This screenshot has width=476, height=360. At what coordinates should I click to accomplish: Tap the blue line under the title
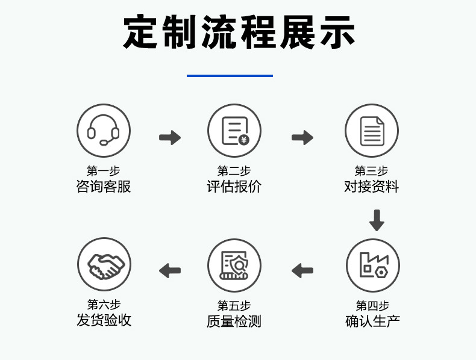point(230,76)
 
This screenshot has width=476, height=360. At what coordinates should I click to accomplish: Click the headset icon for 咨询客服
point(104,131)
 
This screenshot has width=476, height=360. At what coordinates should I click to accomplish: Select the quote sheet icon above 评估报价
point(234,131)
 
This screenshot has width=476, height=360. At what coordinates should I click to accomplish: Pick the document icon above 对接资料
point(372,131)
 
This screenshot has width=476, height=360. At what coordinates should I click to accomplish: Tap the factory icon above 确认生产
point(373,265)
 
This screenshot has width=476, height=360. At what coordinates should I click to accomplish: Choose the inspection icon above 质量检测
point(234,265)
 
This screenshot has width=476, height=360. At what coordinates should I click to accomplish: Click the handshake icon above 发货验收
point(104,265)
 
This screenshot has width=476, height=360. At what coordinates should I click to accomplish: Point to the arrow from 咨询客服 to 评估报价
point(170,138)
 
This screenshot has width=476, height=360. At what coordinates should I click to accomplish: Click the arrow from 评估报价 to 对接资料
point(302,138)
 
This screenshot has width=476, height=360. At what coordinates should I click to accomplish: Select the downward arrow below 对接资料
point(377,220)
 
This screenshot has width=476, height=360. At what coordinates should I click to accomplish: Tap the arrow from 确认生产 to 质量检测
point(302,270)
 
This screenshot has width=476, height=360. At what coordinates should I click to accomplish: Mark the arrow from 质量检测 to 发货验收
point(170,270)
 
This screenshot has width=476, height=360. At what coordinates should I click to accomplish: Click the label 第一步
point(104,171)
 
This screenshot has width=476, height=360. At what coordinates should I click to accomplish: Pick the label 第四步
point(372,305)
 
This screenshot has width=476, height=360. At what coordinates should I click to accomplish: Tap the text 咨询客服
point(104,187)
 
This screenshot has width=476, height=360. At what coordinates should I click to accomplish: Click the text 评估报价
point(234,187)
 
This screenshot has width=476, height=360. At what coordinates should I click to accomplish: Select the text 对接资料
point(372,187)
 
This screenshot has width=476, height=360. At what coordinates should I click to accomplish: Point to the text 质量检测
point(234,321)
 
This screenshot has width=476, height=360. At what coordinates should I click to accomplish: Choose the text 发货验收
point(104,320)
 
